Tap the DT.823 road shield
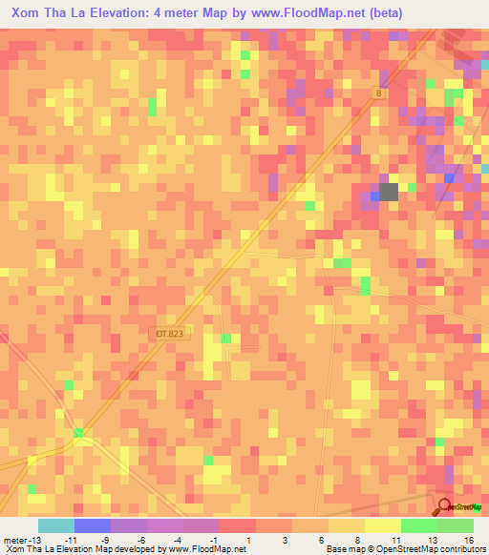pyautogui.click(x=165, y=333)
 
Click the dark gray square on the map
pyautogui.click(x=389, y=192)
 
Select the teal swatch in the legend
pyautogui.click(x=56, y=525)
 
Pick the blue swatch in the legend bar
pyautogui.click(x=93, y=525)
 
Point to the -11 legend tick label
pyautogui.click(x=70, y=541)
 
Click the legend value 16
pyautogui.click(x=457, y=541)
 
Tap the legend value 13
pyautogui.click(x=420, y=541)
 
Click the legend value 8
pyautogui.click(x=356, y=541)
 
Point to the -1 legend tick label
pyautogui.click(x=212, y=541)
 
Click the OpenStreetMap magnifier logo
pyautogui.click(x=446, y=506)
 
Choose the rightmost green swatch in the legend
pyautogui.click(x=456, y=525)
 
